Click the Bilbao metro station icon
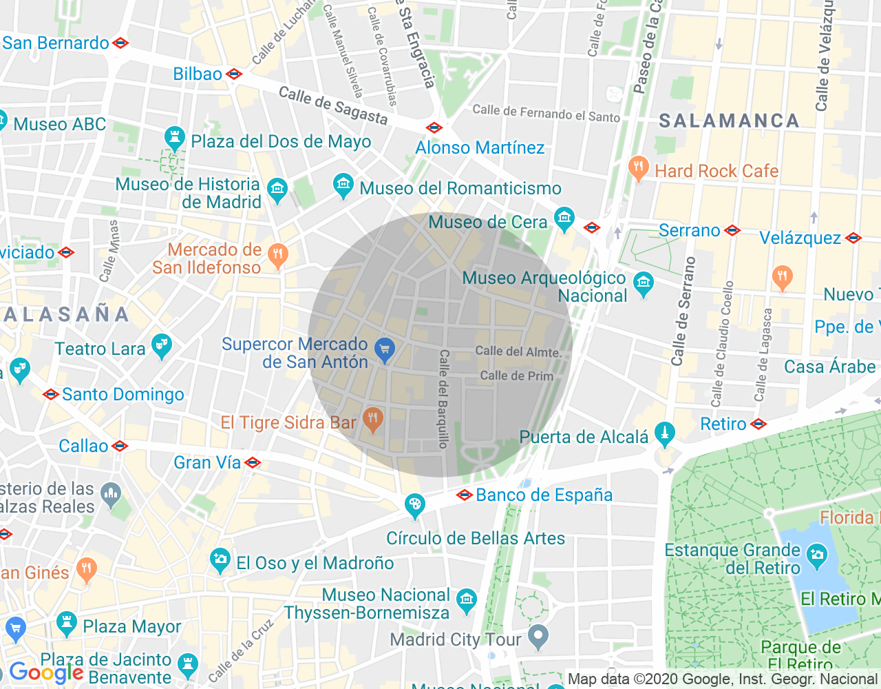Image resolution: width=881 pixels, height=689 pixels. (234, 74)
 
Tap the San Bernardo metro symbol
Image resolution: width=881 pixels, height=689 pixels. (121, 43)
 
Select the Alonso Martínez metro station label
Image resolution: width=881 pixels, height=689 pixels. (479, 147)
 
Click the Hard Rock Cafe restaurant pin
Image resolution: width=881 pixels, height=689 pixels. (639, 167)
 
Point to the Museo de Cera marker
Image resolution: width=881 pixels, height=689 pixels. (564, 219)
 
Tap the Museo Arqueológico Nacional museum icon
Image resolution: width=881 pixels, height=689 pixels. (644, 284)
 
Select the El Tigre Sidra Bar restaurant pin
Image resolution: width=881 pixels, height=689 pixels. (372, 419)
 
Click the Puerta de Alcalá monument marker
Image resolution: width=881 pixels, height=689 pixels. (664, 433)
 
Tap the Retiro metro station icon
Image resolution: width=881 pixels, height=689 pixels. (758, 424)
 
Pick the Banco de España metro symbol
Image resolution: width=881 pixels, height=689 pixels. (465, 495)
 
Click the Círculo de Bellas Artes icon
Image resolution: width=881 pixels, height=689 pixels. (414, 506)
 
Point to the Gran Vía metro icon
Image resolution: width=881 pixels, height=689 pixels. (253, 462)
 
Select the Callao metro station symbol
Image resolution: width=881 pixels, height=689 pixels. (120, 446)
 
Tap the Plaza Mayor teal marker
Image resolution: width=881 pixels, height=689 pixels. (66, 624)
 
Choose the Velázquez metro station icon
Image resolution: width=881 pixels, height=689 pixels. (853, 238)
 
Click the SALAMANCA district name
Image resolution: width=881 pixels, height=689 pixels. (729, 121)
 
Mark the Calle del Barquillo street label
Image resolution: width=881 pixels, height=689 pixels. (444, 399)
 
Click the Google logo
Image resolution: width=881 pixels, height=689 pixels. (46, 672)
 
